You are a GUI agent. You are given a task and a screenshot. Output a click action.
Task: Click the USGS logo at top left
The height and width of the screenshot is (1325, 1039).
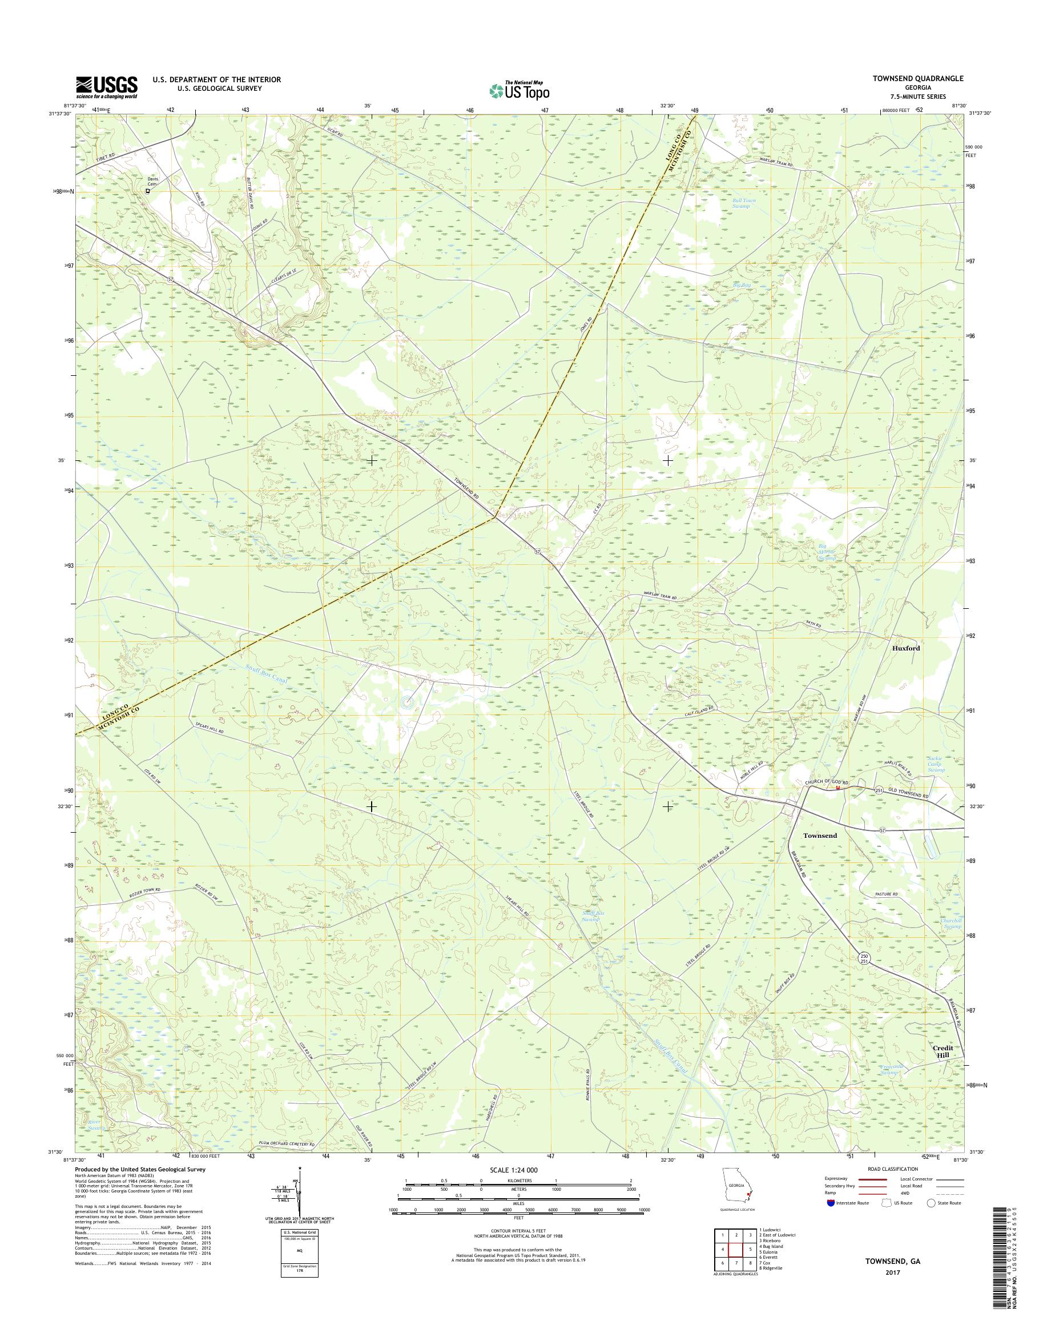pos(106,87)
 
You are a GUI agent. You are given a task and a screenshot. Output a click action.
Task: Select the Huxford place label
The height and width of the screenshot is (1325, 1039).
pos(906,648)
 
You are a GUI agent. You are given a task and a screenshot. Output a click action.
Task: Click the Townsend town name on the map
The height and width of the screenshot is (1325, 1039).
pos(820,836)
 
